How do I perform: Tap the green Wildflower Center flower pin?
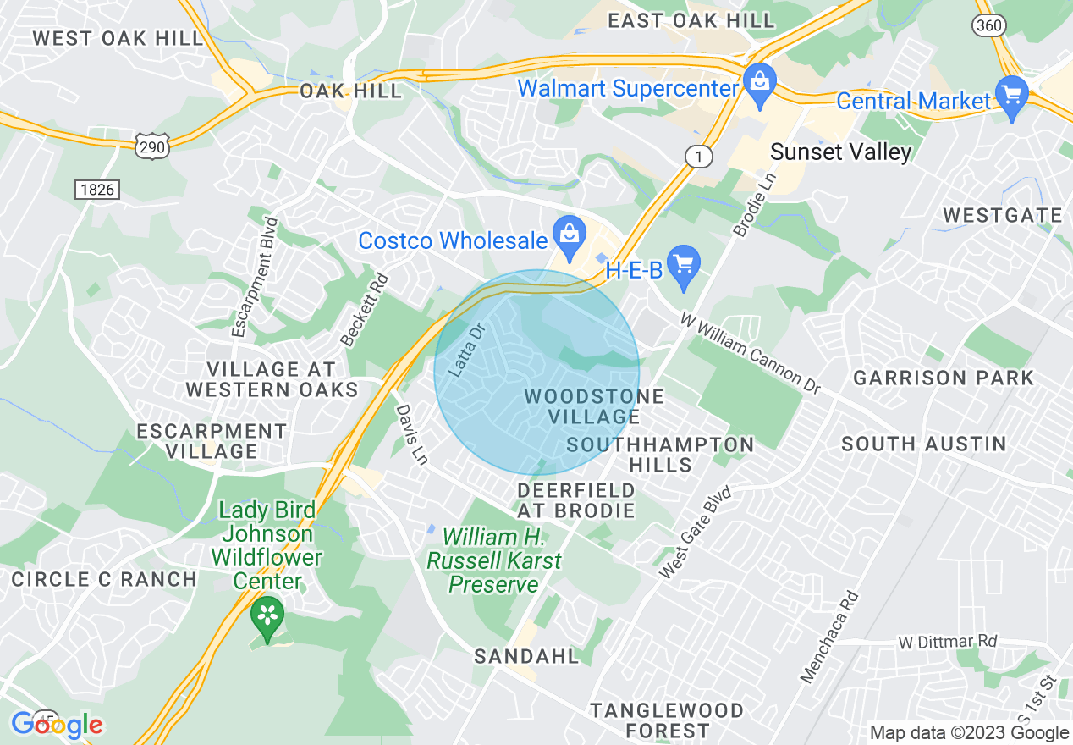point(268,619)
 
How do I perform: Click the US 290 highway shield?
point(151,146)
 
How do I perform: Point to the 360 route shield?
point(988,25)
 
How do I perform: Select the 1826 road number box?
point(96,190)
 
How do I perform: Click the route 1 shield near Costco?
point(696,156)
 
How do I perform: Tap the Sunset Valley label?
point(840,152)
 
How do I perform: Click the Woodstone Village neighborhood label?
point(594,406)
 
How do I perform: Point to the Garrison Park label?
point(944,378)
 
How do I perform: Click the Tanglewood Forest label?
point(667,720)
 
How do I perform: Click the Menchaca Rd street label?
point(829,637)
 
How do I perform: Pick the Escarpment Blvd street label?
point(255,277)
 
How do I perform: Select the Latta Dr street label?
point(466,350)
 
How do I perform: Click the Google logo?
point(57,725)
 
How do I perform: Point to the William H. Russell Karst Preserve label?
point(494,560)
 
